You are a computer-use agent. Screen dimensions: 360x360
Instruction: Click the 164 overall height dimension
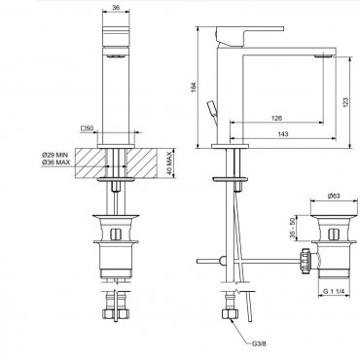click(x=194, y=87)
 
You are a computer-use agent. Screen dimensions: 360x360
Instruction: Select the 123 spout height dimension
click(x=345, y=102)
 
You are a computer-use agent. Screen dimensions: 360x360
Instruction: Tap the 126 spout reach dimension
click(x=276, y=118)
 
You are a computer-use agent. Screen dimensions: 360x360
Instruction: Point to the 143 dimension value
click(x=283, y=134)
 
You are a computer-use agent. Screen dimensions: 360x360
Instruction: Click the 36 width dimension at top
click(x=116, y=8)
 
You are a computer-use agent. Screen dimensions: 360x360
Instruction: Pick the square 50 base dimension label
click(x=87, y=128)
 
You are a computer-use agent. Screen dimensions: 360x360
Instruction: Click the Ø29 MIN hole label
click(x=55, y=156)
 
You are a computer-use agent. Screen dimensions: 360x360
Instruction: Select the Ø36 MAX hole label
click(x=55, y=162)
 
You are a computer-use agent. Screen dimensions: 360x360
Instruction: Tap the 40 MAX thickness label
click(x=169, y=163)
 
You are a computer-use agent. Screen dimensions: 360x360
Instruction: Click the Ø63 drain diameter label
click(x=334, y=196)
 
